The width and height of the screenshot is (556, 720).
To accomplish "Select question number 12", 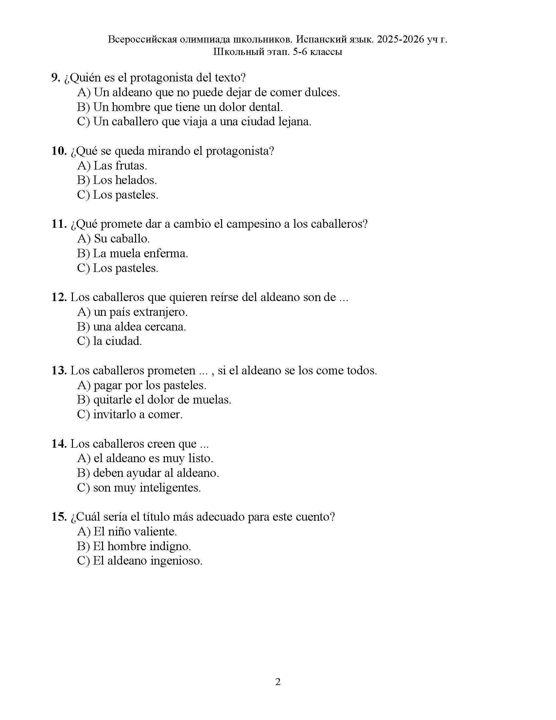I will click(59, 297).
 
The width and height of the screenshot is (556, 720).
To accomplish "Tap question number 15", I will click(59, 517).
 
